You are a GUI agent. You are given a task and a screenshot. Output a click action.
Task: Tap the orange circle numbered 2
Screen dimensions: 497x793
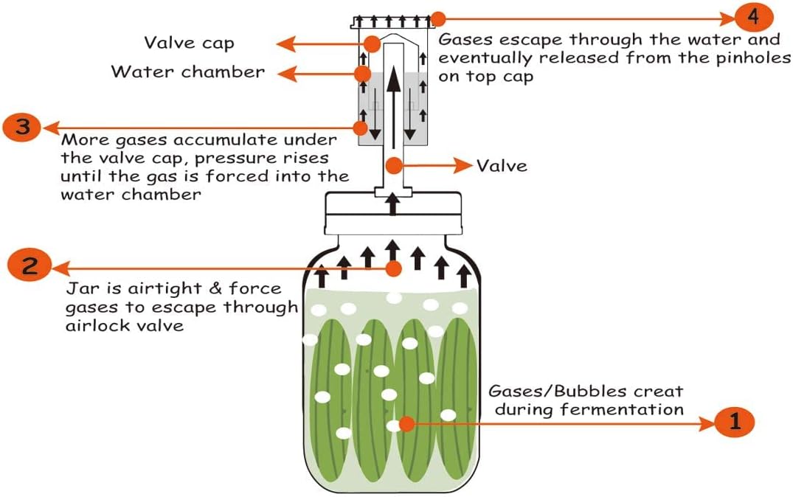click(29, 265)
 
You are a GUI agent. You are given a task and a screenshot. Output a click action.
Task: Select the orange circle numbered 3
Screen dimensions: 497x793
click(22, 127)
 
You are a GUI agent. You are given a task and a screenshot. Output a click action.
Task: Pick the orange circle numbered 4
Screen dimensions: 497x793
click(754, 16)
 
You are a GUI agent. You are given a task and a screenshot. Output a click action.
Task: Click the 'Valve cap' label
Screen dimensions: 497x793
click(189, 43)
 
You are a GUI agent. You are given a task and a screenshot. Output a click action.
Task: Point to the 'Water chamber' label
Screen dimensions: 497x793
click(187, 72)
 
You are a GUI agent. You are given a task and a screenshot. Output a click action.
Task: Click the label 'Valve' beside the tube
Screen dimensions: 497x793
click(502, 165)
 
